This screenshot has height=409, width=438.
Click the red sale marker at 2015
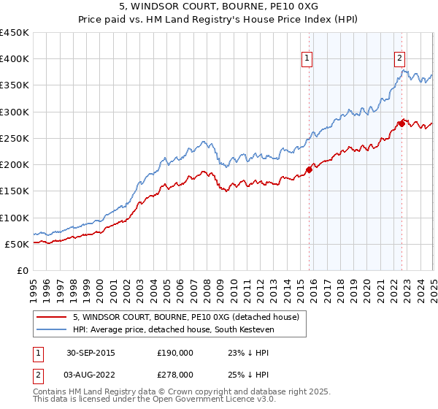tap(309, 170)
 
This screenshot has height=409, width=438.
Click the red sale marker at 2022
tap(401, 123)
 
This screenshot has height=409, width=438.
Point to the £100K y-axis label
tap(15, 218)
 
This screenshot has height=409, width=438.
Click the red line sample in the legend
tap(53, 317)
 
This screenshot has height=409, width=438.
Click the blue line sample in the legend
tap(53, 329)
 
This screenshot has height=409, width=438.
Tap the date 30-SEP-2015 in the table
tap(91, 353)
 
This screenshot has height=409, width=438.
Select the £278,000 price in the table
tap(174, 374)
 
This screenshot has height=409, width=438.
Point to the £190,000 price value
tap(174, 353)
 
